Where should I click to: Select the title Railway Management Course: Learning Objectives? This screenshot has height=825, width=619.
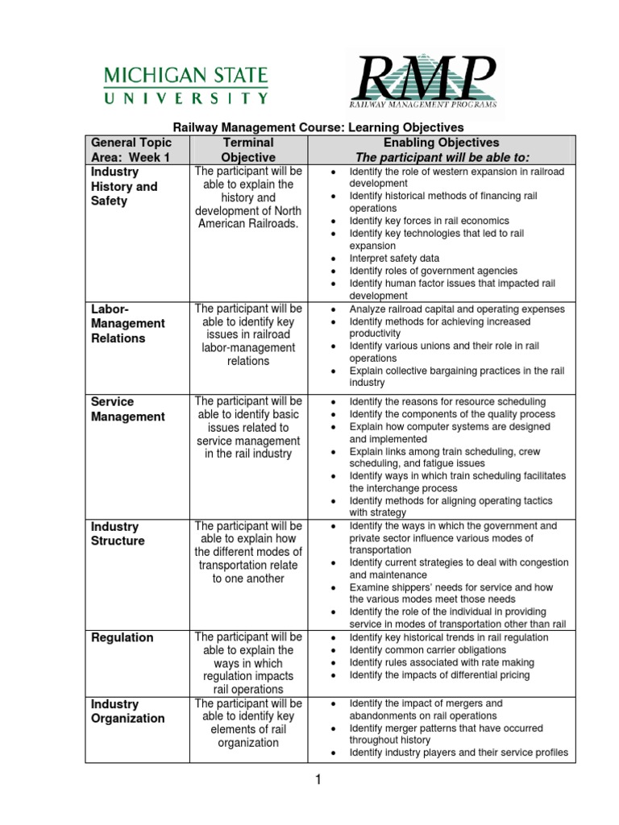click(320, 127)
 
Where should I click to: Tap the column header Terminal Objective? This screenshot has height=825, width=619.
click(248, 150)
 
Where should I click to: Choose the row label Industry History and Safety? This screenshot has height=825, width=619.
click(124, 186)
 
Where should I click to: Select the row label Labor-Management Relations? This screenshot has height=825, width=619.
click(127, 323)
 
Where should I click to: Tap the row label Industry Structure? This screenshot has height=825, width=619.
click(118, 533)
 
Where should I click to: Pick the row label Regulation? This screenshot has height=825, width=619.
click(122, 637)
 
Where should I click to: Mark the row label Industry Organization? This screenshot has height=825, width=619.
click(127, 711)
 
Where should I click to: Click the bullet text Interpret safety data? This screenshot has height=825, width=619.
click(394, 259)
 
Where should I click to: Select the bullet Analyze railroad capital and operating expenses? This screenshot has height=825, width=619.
click(457, 309)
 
